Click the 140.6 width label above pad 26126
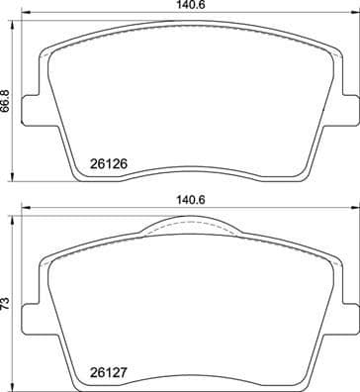point(184,6)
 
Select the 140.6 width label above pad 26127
point(184,200)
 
